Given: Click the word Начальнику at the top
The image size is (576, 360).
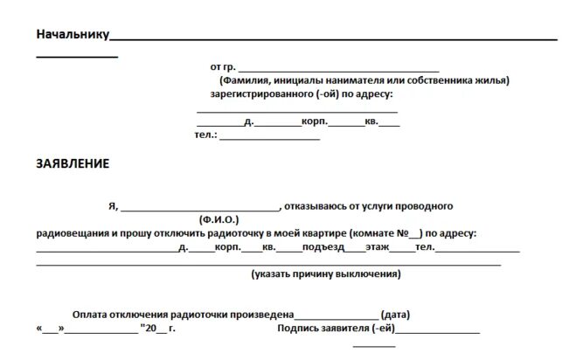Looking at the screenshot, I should coord(71,35).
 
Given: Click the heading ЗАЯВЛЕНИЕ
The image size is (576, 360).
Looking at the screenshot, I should coord(73,163).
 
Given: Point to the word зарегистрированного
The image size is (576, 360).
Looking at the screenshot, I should coord(260,93).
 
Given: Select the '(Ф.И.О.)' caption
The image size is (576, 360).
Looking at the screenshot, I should coord(225,219).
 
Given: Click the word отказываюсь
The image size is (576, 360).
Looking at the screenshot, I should coord(316,206).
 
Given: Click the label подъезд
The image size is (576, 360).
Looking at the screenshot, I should coord(323,247).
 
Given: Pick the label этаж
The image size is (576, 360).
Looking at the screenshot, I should coord(377,247).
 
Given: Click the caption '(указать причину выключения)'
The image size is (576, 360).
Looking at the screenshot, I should coord(325,274).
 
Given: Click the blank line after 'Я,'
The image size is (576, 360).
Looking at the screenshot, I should coord(198,207).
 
